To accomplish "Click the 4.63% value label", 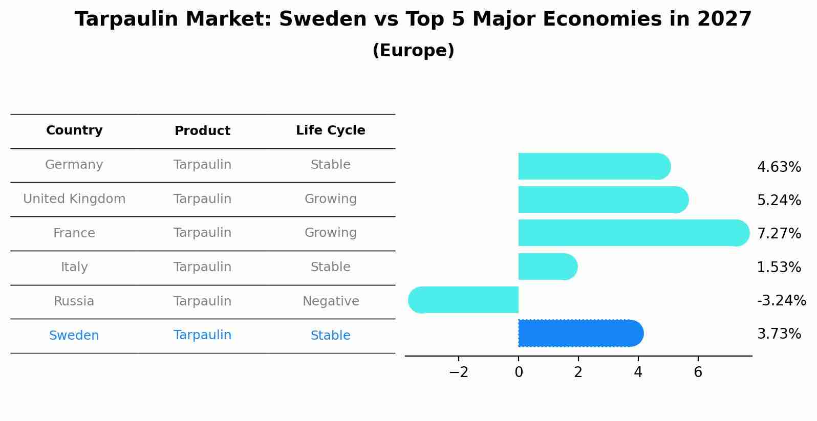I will coord(779,167).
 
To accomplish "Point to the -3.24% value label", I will coord(781,300).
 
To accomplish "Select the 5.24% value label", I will coord(779,201).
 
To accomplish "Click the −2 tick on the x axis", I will coord(459,372).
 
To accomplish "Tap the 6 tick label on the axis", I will coord(698,372).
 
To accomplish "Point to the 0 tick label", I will coord(519,372).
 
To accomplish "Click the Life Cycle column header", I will coord(330,130).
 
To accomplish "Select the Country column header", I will coord(74,130).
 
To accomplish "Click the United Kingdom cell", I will coord(74,199).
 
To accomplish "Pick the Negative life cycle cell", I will coord(331,301).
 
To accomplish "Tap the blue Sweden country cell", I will coord(74,336).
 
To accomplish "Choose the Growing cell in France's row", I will coord(331,233).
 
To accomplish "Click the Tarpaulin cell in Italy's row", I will coord(202,267).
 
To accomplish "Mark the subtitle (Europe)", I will coord(413,51).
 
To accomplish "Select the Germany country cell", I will coord(74,165).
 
